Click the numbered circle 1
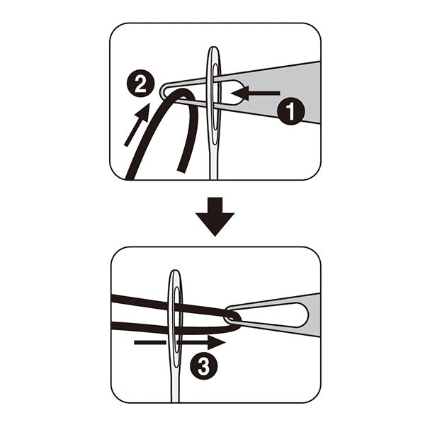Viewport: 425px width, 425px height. coord(291,111)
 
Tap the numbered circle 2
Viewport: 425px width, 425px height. coord(141,84)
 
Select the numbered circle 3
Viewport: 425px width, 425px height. coord(203,366)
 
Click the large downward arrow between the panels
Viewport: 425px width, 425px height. coord(215,217)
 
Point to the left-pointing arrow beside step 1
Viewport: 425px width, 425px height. coord(255,93)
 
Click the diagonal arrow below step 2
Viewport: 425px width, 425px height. coord(137,125)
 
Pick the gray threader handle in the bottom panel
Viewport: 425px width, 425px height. coord(301,314)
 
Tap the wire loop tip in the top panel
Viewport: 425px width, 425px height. coord(163,91)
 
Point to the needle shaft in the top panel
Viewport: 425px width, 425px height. coord(214,160)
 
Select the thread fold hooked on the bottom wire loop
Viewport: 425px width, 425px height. coord(235,321)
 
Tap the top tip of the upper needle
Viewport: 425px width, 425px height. coord(214,47)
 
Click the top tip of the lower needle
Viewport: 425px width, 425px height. coord(176,271)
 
